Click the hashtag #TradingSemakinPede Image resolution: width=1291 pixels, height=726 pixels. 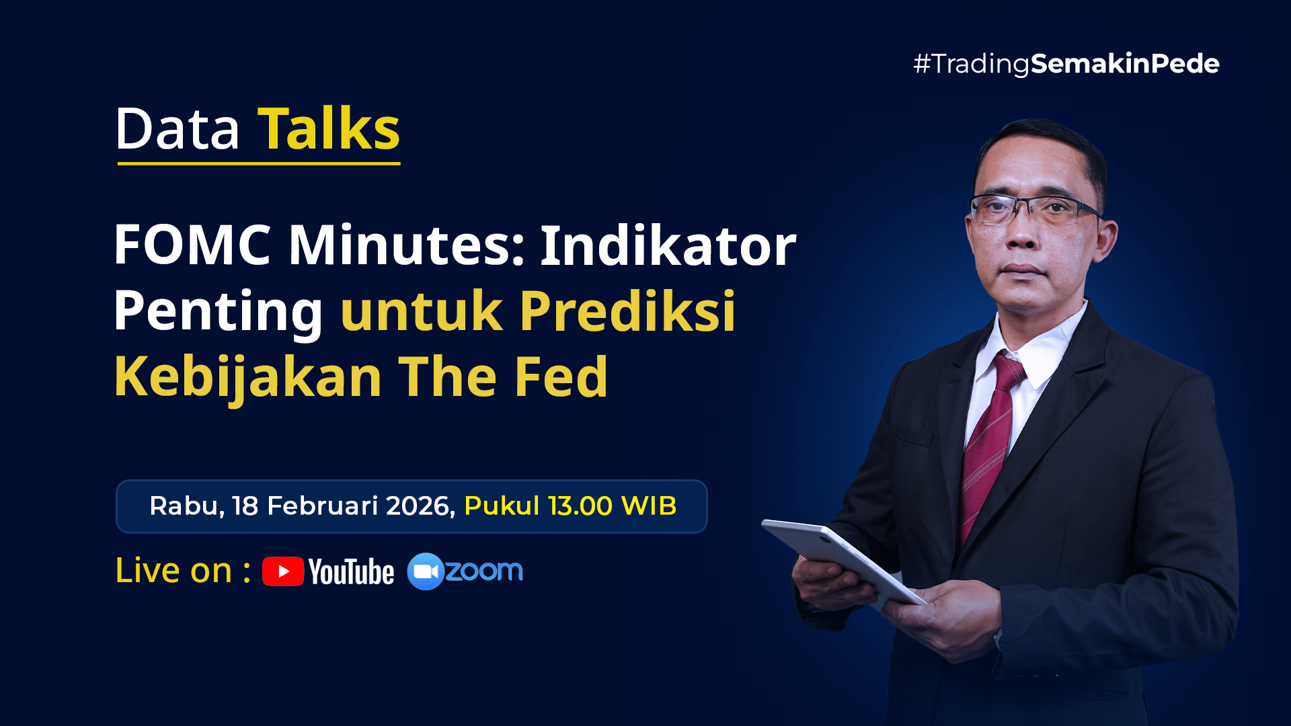[1066, 64]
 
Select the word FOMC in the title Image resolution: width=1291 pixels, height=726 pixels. [192, 245]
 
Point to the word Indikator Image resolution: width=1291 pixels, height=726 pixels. [668, 245]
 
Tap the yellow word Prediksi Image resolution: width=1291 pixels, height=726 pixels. [627, 310]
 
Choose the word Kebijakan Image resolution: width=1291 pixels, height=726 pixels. [248, 377]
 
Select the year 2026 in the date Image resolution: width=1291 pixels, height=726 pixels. [421, 506]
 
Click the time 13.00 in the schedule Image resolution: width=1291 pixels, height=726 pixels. [580, 506]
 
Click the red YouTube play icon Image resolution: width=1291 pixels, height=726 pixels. [283, 571]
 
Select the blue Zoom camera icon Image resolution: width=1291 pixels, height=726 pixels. [426, 571]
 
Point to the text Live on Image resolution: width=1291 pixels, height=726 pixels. [173, 571]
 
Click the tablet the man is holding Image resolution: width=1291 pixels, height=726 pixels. [843, 562]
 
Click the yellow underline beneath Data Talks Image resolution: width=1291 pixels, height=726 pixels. [259, 163]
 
